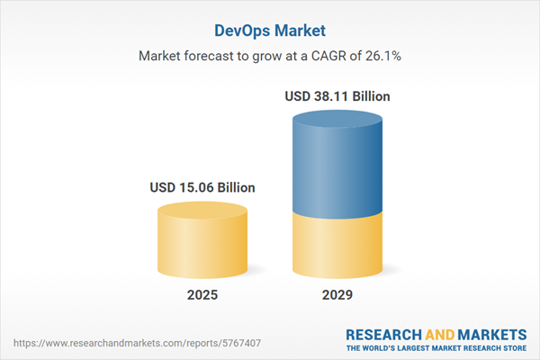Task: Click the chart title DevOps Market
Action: [x=269, y=29]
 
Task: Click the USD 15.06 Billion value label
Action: [x=202, y=187]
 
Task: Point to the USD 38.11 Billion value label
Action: [x=338, y=95]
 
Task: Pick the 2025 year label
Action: [x=202, y=294]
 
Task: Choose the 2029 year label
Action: [x=338, y=294]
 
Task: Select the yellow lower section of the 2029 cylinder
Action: [x=338, y=247]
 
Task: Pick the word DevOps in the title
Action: [x=243, y=29]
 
